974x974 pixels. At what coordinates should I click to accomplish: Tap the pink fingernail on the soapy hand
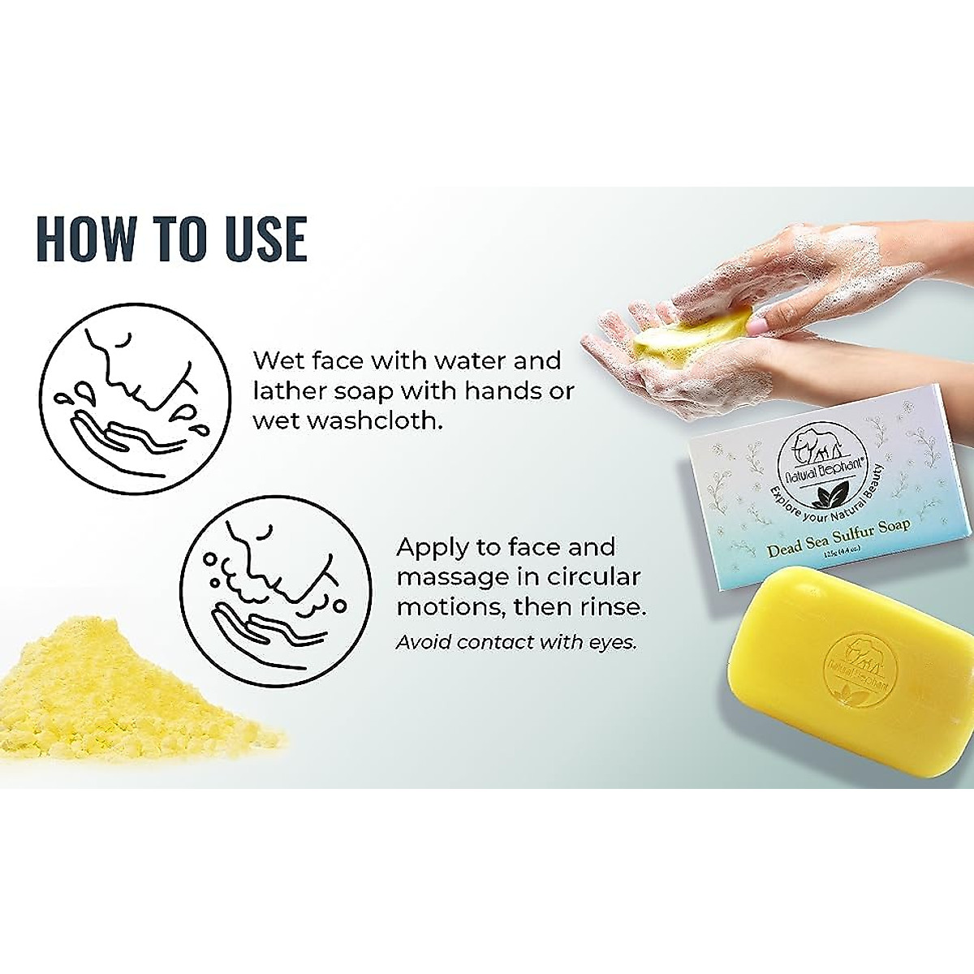[757, 325]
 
